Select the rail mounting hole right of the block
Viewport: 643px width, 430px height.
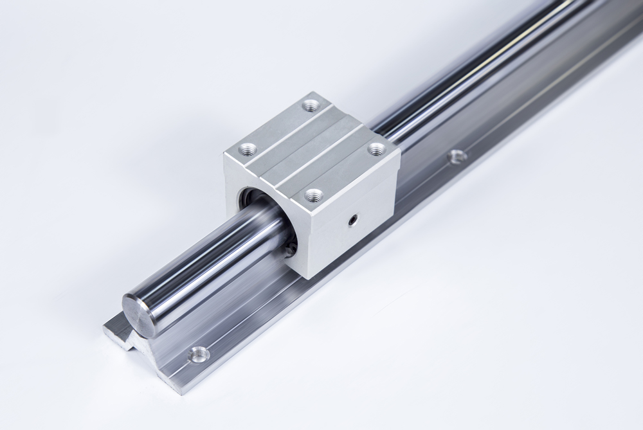pos(456,156)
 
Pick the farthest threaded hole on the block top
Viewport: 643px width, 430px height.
pos(311,104)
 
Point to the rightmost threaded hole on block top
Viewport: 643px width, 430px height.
pos(377,148)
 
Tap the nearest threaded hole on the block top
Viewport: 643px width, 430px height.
pos(314,195)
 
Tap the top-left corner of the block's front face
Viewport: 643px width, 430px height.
pos(225,156)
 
